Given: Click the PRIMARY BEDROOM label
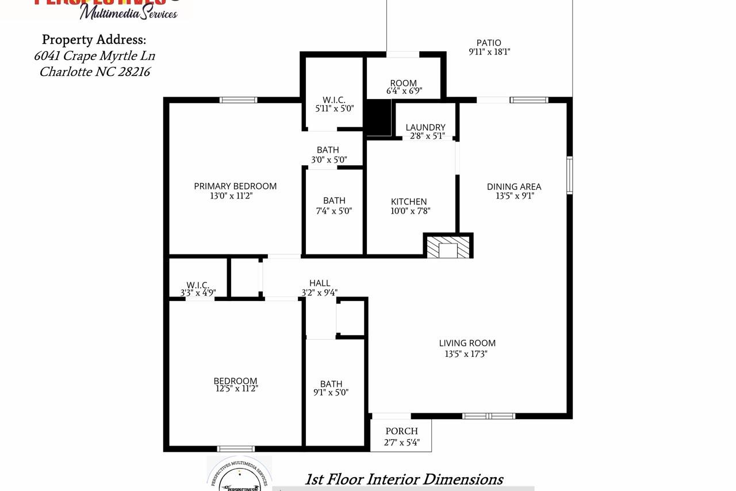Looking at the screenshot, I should click(235, 186).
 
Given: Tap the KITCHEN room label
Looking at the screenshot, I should click(409, 201).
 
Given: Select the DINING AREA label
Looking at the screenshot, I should click(514, 186).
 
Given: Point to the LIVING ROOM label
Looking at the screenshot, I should click(467, 343).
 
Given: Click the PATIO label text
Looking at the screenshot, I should click(489, 43).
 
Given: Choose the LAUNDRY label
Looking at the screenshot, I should click(425, 127).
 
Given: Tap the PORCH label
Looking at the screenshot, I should click(401, 431).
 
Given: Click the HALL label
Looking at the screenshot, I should click(320, 283).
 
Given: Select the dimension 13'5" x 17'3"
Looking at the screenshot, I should click(466, 354).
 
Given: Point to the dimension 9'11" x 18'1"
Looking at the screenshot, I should click(489, 52).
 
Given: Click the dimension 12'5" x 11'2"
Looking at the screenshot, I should click(236, 389).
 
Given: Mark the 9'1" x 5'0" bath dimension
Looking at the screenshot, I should click(331, 393).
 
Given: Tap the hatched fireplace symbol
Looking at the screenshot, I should click(448, 246).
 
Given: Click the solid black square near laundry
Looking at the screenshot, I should click(378, 117).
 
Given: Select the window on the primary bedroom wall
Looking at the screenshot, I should click(239, 100).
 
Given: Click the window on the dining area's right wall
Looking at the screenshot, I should click(569, 176).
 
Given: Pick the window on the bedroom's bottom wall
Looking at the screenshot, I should click(236, 448).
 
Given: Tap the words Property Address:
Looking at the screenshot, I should click(94, 40).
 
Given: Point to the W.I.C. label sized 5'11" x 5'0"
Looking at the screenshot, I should click(334, 100).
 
